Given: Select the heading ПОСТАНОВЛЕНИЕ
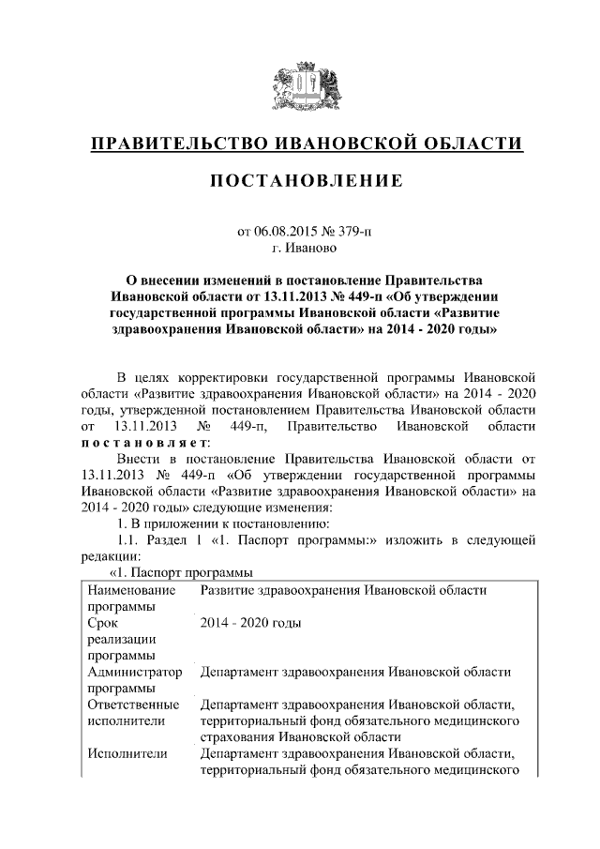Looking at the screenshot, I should pyautogui.click(x=299, y=180).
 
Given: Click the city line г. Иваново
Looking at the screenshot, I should pyautogui.click(x=299, y=248).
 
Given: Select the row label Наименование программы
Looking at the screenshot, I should pyautogui.click(x=130, y=598).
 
